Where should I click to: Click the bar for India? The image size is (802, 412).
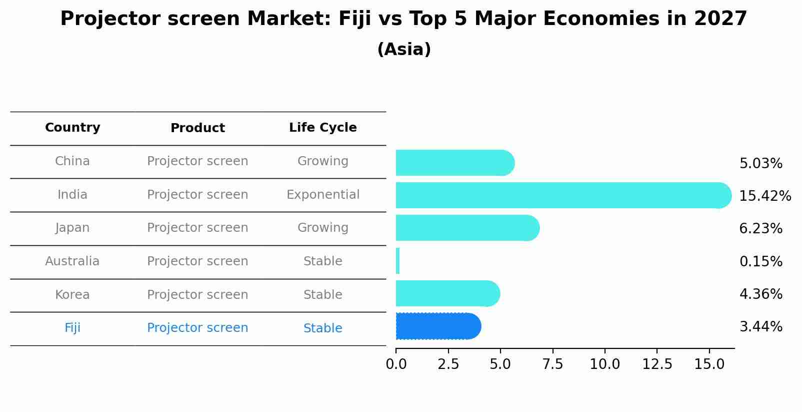coord(562,195)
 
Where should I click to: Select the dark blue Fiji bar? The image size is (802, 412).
coord(437,326)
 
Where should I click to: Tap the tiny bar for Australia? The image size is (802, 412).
coord(398,261)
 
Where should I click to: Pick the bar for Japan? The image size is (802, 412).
coord(467,228)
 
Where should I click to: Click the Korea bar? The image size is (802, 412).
coord(447,293)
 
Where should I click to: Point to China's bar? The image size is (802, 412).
coord(454,163)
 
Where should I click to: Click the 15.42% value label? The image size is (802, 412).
coord(764,196)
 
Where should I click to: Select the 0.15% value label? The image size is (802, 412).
coord(760,261)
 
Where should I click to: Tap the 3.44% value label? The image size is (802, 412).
coord(760,327)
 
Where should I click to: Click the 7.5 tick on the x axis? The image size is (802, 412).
coord(552,364)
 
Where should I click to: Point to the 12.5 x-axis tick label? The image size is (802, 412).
coord(657,364)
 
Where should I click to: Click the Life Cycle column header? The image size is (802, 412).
coord(322,128)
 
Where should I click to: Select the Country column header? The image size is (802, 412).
coord(72,128)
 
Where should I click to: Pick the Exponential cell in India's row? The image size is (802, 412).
coord(322,195)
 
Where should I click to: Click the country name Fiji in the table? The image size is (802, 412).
coord(72,328)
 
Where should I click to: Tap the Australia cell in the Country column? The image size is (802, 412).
coord(72,261)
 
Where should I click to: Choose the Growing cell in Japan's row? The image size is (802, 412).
coord(322,228)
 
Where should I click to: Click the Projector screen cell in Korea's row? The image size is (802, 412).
coord(197,295)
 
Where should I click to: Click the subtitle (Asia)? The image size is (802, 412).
coord(404,50)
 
